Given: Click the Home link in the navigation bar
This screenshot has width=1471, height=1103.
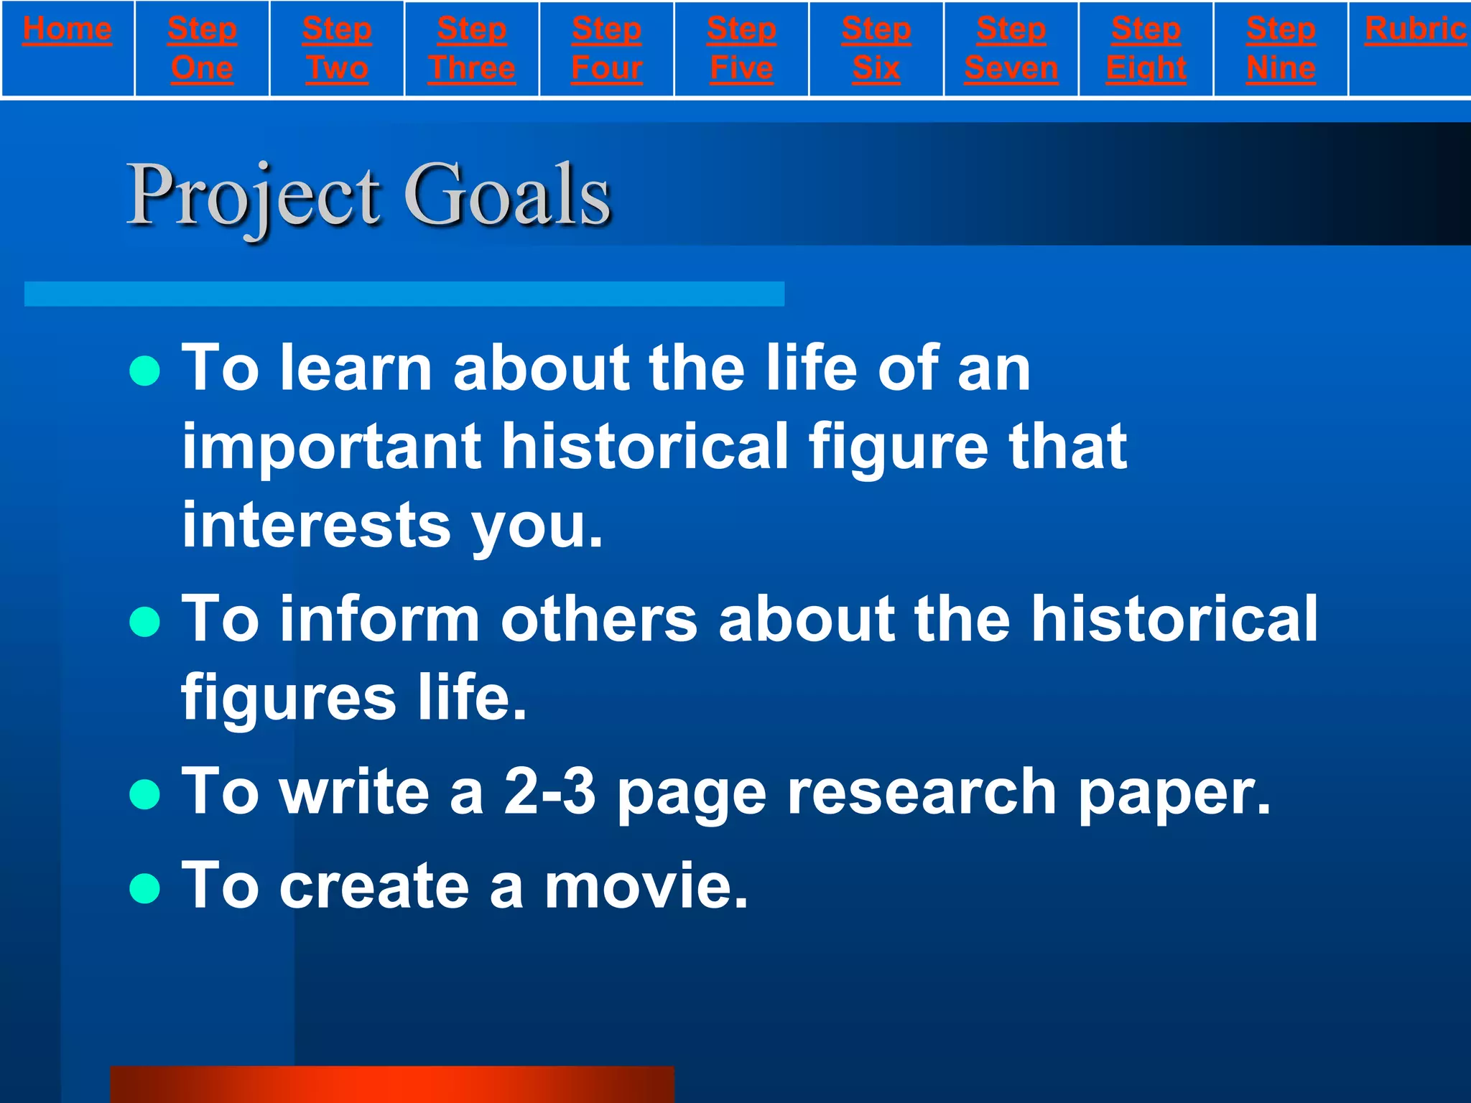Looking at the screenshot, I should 68,29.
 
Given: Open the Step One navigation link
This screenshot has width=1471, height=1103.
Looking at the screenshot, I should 202,49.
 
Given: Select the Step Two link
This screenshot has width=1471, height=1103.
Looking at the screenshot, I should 337,49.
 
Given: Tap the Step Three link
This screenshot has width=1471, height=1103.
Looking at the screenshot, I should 472,49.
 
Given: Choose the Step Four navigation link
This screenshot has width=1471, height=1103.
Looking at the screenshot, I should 607,49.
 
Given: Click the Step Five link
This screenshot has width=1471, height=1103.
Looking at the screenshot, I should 741,49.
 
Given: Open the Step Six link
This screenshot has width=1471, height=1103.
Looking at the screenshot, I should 876,49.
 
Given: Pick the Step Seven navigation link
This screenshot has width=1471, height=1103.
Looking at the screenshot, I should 1011,49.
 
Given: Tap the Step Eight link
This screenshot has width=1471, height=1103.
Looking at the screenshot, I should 1146,49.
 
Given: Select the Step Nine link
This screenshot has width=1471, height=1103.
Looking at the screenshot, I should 1281,49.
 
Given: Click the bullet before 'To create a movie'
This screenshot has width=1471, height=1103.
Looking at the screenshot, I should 145,888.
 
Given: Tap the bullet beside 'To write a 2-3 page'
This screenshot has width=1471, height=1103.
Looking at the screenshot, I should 145,794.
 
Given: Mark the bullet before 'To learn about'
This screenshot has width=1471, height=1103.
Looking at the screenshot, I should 145,371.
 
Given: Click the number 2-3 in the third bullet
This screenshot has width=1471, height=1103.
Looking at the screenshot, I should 549,792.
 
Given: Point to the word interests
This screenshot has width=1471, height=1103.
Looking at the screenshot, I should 317,525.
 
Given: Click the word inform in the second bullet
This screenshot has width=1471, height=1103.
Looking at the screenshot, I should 379,620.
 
